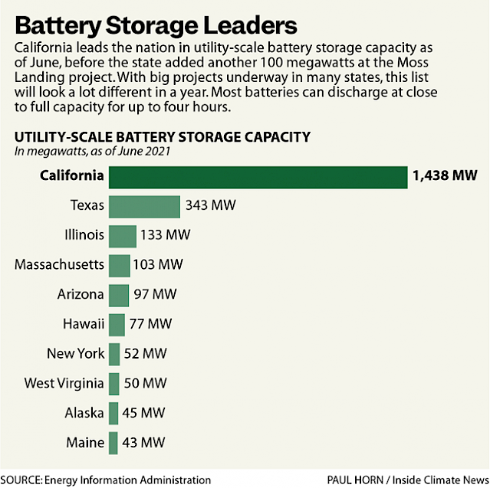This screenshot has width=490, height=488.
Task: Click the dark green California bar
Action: pos(258,176)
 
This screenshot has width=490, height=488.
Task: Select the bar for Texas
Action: pos(144,206)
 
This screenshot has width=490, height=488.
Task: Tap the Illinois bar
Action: pos(123,235)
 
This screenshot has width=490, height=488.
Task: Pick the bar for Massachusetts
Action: pos(120,265)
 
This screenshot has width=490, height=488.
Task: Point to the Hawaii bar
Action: pos(117,324)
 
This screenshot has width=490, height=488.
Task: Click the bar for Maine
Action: pos(113,443)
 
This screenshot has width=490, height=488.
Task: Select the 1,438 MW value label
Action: pos(444,176)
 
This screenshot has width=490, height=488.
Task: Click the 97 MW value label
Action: pos(154,294)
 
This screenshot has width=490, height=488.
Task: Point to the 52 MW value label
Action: pos(145,353)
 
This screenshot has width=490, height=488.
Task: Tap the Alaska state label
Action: pos(84,413)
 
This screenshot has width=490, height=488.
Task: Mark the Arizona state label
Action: pos(81,294)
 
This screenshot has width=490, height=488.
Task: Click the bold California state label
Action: pos(64,176)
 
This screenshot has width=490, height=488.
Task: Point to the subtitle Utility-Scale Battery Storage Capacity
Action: pos(162,137)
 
